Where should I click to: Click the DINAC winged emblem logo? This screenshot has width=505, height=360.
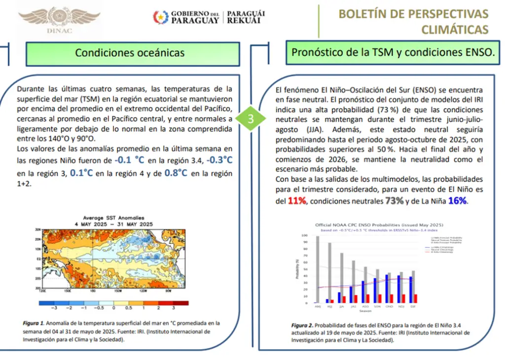click(x=59, y=18)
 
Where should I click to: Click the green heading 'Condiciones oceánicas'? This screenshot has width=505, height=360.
click(x=130, y=53)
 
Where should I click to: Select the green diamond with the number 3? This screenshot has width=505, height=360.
click(x=251, y=119)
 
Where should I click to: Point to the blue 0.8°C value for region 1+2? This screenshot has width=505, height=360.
click(x=176, y=173)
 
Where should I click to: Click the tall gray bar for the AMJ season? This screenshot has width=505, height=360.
click(x=318, y=269)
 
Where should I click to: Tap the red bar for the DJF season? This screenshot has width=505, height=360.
click(x=416, y=298)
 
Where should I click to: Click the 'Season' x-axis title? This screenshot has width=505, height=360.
click(x=365, y=311)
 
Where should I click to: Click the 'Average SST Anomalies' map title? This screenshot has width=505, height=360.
click(x=114, y=217)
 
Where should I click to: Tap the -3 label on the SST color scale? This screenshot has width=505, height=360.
click(x=54, y=307)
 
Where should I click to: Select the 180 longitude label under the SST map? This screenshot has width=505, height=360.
click(x=92, y=290)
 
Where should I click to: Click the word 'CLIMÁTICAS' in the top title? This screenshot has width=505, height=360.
click(x=455, y=30)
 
